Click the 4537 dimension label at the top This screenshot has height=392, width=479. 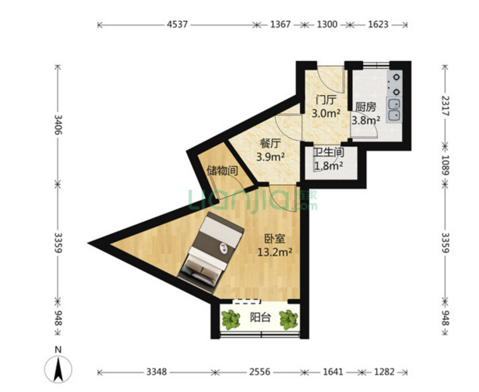[x=177, y=24]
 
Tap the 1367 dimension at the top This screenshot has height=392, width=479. [x=280, y=24]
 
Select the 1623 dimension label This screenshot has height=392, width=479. [x=378, y=24]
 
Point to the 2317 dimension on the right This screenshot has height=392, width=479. [x=445, y=106]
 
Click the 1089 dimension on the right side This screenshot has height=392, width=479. [x=445, y=165]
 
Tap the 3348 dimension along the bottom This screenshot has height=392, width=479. [x=157, y=372]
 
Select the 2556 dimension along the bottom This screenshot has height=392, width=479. [x=260, y=372]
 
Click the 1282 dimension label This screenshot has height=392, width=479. [x=384, y=372]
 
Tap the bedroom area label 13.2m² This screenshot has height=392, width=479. [x=275, y=252]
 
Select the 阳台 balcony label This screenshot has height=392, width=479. [x=260, y=318]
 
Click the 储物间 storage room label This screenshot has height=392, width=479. [x=222, y=170]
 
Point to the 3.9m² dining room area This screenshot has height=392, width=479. [x=271, y=157]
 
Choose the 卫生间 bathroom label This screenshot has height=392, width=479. [x=329, y=152]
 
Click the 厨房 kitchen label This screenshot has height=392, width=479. [x=365, y=107]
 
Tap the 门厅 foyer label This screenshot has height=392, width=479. [x=326, y=100]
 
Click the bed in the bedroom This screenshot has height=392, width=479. [x=211, y=252]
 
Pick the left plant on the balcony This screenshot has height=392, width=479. [x=231, y=319]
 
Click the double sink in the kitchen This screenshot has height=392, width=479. [x=394, y=109]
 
